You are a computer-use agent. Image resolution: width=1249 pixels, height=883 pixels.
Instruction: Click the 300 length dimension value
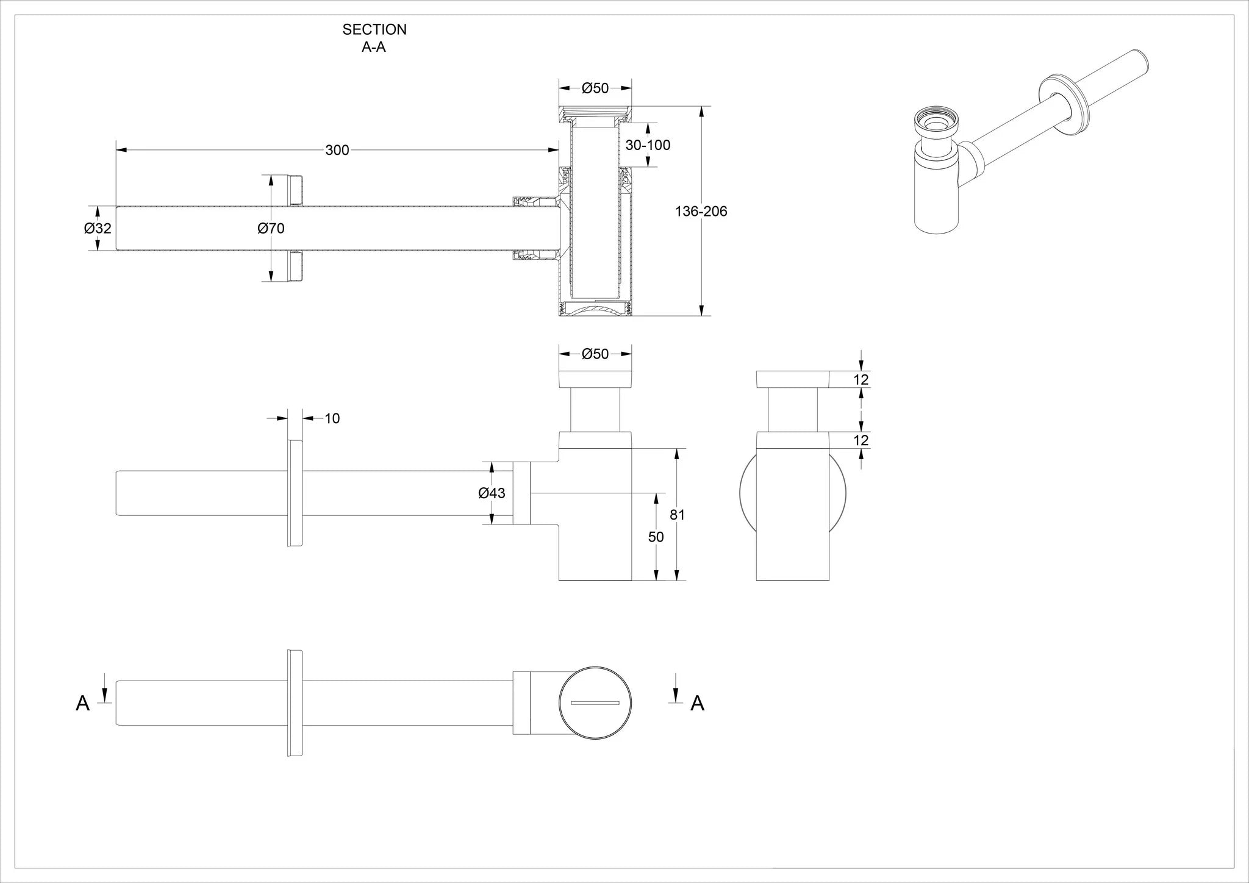(x=337, y=150)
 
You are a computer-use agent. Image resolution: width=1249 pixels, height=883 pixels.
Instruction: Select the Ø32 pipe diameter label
(x=98, y=228)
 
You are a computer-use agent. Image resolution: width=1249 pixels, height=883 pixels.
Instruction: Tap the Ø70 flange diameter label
(x=271, y=228)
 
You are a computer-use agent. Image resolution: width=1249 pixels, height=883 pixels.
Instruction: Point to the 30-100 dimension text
(x=648, y=145)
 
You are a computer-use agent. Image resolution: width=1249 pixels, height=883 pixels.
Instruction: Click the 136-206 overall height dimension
(x=701, y=212)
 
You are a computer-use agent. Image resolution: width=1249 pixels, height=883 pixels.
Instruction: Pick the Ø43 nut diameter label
(x=492, y=493)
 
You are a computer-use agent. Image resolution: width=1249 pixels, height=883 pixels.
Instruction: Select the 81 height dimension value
(x=677, y=515)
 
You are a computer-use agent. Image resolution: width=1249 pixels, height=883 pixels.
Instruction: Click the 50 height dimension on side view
(x=656, y=537)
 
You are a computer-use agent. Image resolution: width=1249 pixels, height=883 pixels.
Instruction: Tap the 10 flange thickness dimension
(x=332, y=418)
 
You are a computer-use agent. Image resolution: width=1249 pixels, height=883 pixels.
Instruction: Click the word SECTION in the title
(x=374, y=29)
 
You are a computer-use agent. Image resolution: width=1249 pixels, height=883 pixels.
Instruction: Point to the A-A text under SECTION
(x=373, y=48)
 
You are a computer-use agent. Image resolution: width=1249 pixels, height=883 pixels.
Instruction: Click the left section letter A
(x=82, y=704)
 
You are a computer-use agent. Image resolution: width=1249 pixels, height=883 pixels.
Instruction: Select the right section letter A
(x=697, y=704)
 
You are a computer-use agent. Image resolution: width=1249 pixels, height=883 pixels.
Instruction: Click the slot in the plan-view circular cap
(x=595, y=704)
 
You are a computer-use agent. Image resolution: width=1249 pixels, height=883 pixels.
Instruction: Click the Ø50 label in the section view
(x=595, y=88)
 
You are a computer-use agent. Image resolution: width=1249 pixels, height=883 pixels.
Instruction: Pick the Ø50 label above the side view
(x=595, y=354)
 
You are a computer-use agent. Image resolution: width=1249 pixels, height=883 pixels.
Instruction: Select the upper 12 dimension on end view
(x=861, y=379)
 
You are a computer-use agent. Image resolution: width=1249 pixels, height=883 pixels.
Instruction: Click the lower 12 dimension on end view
(x=861, y=440)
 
